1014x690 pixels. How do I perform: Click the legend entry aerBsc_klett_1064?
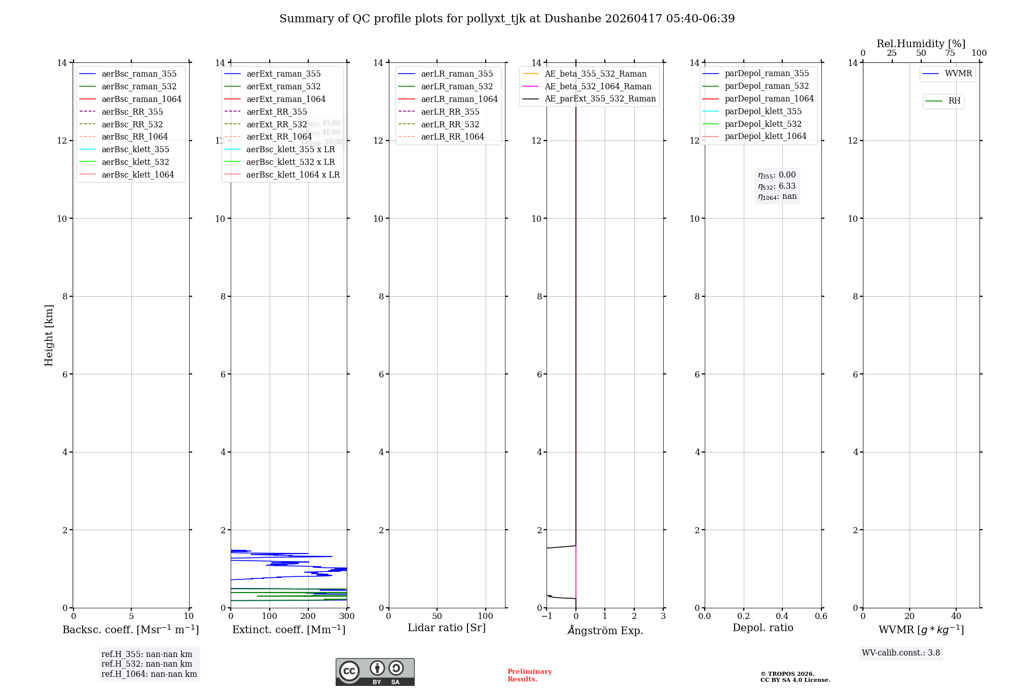137,175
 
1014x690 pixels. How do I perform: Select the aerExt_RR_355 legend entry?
276,112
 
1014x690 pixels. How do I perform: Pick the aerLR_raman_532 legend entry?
456,86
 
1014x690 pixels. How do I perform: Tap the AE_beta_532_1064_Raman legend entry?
598,86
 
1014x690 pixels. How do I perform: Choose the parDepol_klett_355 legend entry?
763,111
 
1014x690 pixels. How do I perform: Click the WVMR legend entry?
958,74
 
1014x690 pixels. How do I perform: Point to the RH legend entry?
954,101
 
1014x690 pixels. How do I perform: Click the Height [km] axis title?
49,335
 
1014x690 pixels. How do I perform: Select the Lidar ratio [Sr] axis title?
446,628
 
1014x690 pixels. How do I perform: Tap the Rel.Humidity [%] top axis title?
921,44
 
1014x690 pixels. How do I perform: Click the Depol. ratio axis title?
763,628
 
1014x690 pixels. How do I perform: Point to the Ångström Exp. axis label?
605,630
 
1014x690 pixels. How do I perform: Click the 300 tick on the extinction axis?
347,616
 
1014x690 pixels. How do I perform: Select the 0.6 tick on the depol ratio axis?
821,616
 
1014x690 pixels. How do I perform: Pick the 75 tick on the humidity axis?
950,53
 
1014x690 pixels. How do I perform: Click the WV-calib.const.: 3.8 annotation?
900,653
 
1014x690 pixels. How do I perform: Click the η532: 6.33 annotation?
777,186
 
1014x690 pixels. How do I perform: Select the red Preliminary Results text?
529,675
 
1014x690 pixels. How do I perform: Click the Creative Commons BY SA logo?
375,672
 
